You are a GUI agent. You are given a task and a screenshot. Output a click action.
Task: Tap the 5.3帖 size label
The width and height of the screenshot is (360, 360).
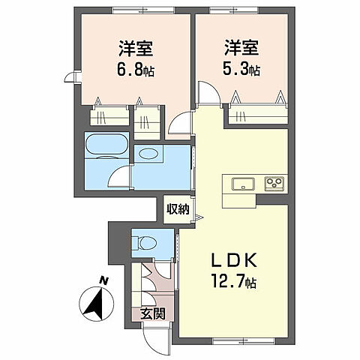[x=240, y=70]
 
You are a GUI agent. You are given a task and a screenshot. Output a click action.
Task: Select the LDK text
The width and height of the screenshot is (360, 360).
[x=235, y=260]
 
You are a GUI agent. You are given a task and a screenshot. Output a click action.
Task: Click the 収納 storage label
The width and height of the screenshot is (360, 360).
[x=178, y=208]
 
